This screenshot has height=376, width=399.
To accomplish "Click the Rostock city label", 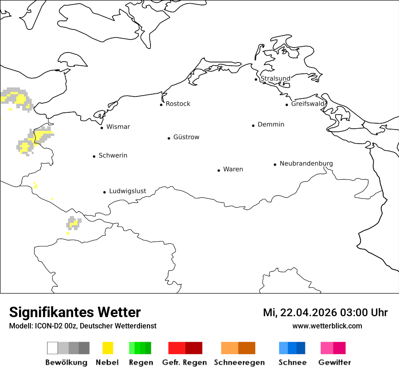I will [178, 104].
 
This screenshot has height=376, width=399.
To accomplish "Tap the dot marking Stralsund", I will [256, 79].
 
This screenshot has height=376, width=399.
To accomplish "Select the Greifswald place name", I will [308, 104].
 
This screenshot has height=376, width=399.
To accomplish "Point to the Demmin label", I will [271, 125].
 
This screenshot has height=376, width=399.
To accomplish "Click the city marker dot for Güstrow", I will [169, 138].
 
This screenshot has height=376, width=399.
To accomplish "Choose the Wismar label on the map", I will [118, 127].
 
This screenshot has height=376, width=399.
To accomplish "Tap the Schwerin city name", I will [113, 155].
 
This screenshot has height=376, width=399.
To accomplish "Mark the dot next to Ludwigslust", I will [104, 192].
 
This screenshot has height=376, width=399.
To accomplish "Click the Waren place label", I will [233, 169].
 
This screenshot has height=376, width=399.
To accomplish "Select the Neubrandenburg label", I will [306, 164].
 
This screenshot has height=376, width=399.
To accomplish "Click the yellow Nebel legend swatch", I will [108, 348].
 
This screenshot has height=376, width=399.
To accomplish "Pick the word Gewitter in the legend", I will [335, 362].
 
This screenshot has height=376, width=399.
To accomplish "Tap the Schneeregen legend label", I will [239, 362].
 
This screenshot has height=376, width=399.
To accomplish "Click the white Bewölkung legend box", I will [52, 348].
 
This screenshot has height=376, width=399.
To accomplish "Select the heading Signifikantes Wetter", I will [75, 313].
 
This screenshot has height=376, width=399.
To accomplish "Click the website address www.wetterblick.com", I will [327, 326].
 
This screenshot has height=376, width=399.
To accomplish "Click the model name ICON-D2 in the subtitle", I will [47, 326].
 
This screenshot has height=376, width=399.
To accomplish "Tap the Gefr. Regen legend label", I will [184, 362].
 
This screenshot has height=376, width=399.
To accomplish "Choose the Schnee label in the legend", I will [292, 362].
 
